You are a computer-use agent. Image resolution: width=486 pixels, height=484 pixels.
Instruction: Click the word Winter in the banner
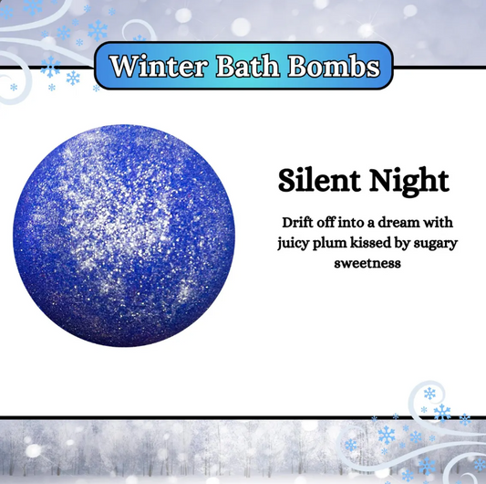154,67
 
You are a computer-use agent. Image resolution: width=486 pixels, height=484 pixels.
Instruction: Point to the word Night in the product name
408,181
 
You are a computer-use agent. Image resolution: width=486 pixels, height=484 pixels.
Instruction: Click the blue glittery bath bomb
124,237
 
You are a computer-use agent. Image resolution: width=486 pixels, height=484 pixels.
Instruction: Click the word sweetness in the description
364,264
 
